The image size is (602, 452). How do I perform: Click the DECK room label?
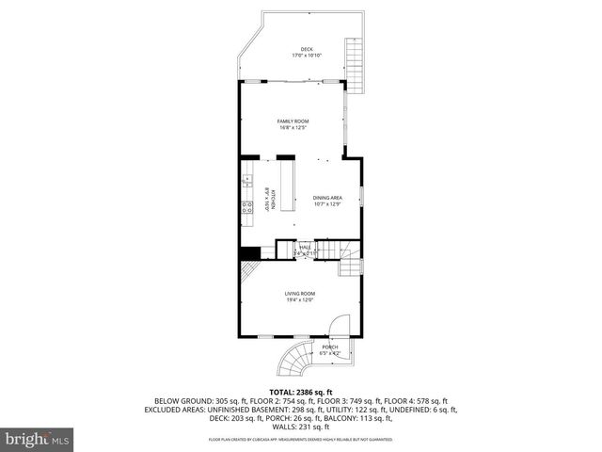tap(306, 49)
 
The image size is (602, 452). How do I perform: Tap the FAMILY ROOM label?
tap(293, 121)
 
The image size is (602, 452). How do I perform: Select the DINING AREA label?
tap(327, 197)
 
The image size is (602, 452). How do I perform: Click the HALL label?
tap(305, 248)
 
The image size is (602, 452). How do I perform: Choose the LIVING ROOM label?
tap(300, 294)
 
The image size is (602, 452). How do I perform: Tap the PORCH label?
tap(329, 347)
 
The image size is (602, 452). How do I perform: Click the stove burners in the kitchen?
tap(247, 209)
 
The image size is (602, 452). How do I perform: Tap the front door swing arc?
tap(339, 325)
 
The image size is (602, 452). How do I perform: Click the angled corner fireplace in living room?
tap(247, 273)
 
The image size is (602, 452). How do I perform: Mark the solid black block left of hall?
tap(249, 252)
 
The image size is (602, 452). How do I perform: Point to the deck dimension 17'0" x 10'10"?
tap(306, 56)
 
